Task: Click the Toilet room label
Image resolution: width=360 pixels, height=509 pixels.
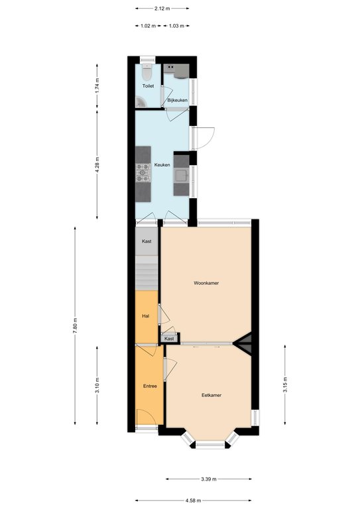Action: (148, 86)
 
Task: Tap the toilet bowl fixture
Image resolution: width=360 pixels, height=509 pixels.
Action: (147, 73)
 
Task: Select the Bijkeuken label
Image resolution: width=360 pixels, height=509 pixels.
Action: (177, 100)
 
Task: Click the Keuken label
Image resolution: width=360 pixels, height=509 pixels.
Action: (162, 165)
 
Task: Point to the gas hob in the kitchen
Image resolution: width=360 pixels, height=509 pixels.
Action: (143, 173)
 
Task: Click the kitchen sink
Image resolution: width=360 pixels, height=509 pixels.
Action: (181, 175)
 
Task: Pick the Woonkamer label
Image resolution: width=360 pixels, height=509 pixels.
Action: (206, 283)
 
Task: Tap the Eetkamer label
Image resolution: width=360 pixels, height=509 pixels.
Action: (211, 396)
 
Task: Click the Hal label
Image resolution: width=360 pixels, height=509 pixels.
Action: (146, 316)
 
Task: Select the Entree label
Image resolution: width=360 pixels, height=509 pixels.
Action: (150, 386)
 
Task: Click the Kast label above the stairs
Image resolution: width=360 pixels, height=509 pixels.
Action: (147, 241)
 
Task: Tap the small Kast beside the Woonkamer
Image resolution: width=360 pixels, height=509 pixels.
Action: (169, 339)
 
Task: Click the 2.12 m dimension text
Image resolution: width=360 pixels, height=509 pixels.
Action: (162, 9)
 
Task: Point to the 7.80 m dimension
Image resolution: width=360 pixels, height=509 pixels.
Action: (75, 325)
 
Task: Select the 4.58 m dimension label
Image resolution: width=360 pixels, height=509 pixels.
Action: (193, 500)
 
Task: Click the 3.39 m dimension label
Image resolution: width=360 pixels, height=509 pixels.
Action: (209, 479)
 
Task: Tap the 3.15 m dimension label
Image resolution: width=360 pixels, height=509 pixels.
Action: (285, 384)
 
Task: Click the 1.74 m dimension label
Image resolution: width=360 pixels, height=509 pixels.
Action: (97, 86)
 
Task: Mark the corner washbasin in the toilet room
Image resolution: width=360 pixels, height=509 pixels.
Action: (141, 102)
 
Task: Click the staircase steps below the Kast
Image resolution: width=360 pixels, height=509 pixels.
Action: (147, 272)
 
